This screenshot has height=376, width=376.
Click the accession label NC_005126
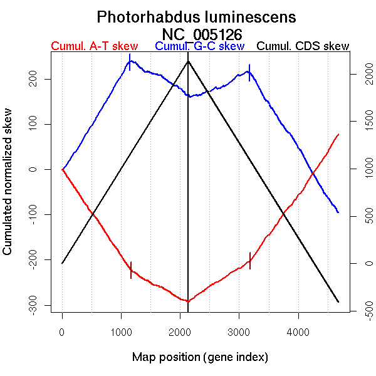(201, 34)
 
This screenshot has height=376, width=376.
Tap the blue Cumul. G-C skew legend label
(199, 46)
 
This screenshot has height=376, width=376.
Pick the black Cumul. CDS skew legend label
(303, 46)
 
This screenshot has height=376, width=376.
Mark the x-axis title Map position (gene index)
(200, 357)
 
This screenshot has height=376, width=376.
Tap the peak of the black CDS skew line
(188, 61)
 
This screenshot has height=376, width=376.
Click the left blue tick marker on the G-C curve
(130, 62)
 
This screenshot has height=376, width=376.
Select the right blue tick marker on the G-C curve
(249, 72)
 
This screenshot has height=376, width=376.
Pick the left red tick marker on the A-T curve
(131, 269)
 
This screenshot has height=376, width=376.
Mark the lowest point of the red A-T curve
(187, 301)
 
